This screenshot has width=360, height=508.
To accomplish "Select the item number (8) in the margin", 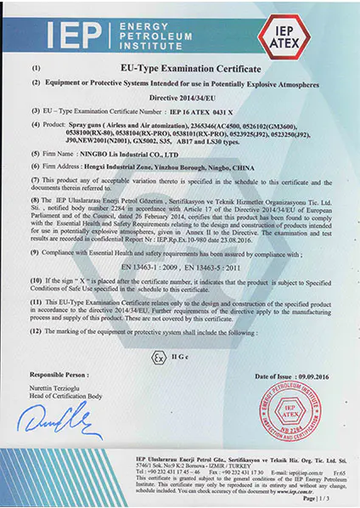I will [36, 175].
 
